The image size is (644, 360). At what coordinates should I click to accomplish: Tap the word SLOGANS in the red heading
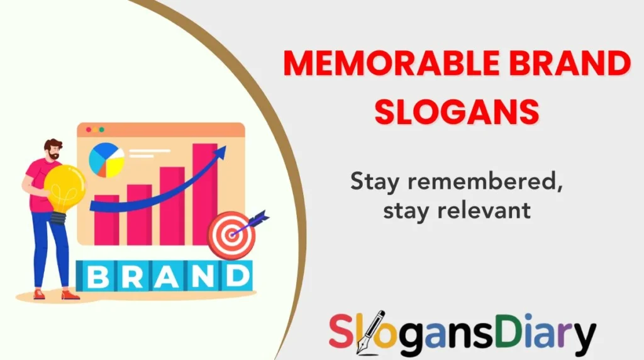point(457,111)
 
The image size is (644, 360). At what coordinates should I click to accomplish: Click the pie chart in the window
point(106,160)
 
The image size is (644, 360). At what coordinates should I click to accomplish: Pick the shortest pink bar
point(106,220)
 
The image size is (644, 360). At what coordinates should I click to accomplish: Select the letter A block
point(164,277)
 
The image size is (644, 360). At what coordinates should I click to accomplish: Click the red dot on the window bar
point(88,130)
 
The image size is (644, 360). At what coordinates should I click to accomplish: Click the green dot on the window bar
point(101,130)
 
